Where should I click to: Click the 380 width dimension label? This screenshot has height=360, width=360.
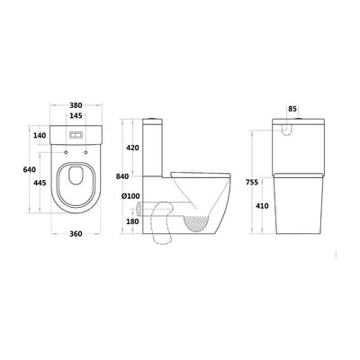click(76, 105)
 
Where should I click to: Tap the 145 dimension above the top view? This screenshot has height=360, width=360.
click(76, 116)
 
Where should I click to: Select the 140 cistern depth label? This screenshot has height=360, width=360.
click(40, 136)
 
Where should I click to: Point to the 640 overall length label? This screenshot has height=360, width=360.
click(30, 169)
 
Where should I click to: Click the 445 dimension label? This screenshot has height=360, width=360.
click(40, 183)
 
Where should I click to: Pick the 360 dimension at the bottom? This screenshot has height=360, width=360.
click(76, 234)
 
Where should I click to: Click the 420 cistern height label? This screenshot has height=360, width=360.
click(132, 148)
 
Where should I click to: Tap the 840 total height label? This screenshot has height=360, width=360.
click(122, 176)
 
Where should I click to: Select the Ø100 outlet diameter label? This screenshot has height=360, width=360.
click(130, 196)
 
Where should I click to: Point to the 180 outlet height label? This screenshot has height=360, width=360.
click(132, 221)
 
